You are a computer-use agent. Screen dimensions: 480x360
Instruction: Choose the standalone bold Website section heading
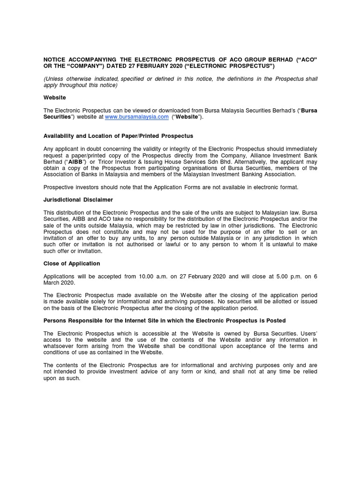pos(54,97)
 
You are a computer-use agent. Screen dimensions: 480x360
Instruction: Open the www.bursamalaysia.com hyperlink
pos(136,117)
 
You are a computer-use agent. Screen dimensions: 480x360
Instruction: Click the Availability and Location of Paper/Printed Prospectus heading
pos(118,136)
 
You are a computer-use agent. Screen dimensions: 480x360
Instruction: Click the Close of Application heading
pos(72,263)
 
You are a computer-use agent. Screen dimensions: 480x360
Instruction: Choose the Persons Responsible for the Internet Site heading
pos(164,321)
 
